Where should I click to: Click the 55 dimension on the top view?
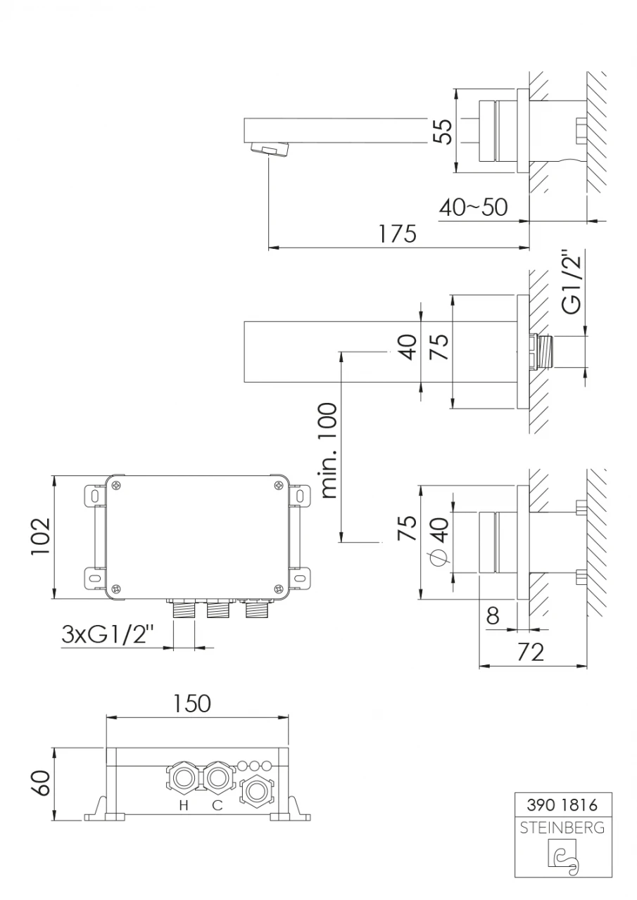[x=442, y=131]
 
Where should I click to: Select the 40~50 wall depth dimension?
[x=473, y=207]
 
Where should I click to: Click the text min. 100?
[x=328, y=451]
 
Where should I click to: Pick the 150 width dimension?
[x=192, y=703]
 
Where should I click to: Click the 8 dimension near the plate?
[x=493, y=617]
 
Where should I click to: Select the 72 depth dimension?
[x=530, y=652]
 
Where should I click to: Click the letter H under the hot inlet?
[x=183, y=806]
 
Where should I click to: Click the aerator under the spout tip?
[x=270, y=149]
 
